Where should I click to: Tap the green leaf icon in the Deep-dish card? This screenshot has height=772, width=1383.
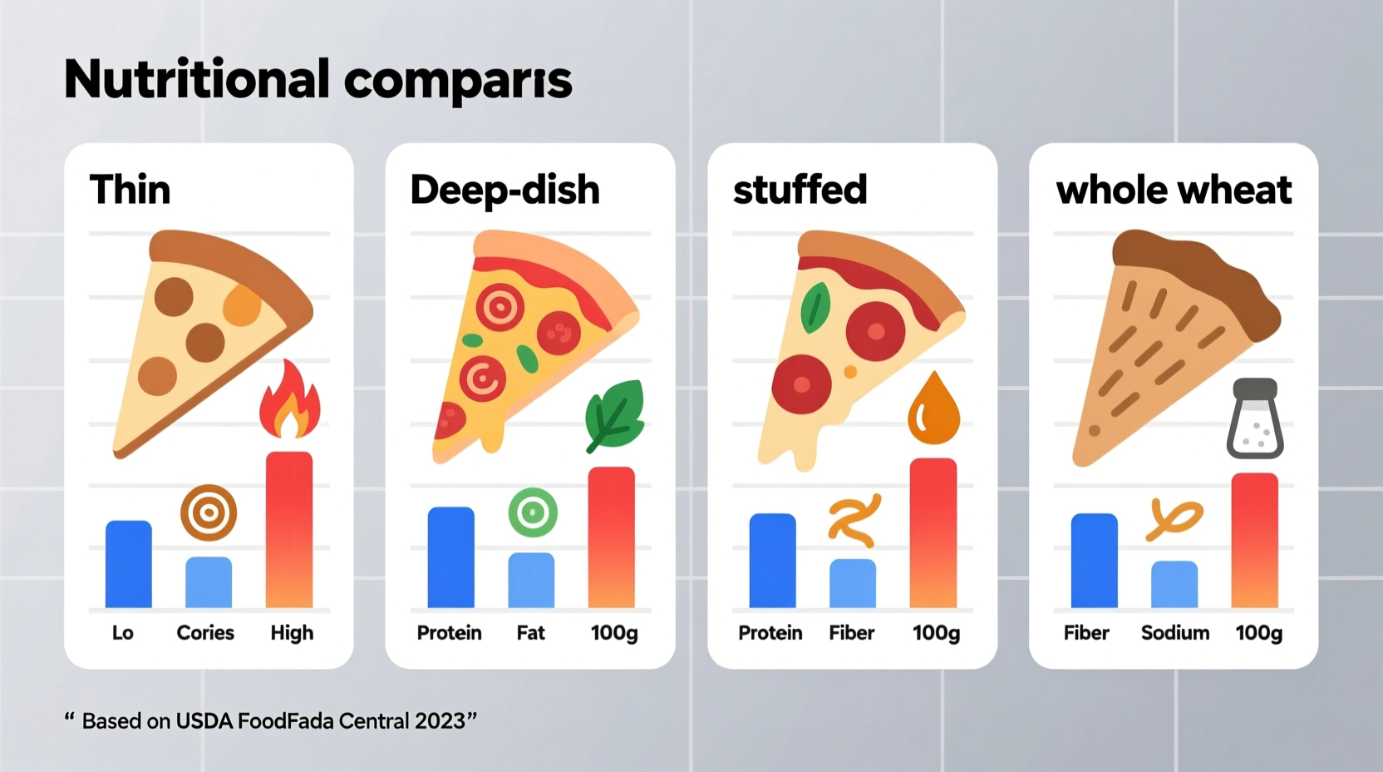point(615,413)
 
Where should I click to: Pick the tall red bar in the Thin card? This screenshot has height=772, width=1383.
point(289,529)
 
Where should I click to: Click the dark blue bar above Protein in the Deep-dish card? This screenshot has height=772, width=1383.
point(450,557)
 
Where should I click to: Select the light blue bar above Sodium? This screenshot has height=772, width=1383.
point(1174,584)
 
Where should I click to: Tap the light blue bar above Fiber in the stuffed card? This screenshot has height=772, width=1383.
point(853,582)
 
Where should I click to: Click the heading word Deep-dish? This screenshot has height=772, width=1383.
point(504,190)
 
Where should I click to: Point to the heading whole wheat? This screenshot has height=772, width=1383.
point(1174,190)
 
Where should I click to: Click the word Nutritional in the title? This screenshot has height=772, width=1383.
point(196,80)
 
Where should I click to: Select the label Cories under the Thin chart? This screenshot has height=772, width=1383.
point(205,633)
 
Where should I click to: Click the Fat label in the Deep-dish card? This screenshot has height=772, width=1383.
point(530,633)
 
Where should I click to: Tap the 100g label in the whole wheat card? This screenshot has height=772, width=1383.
point(1258,633)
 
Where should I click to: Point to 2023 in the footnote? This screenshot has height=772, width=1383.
point(440,720)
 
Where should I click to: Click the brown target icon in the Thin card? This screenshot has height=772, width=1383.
point(209,512)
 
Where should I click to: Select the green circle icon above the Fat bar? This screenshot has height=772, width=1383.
point(533,512)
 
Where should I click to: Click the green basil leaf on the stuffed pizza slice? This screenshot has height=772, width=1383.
point(815,308)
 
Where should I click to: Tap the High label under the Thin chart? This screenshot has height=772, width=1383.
point(292,633)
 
